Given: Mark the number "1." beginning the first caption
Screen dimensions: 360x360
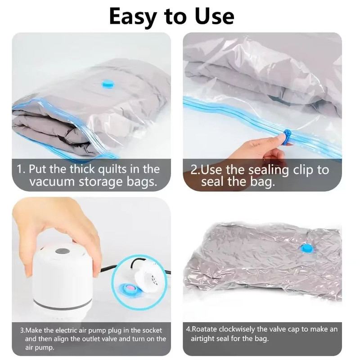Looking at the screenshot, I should point(21,169).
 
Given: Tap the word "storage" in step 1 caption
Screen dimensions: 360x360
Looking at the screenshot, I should point(102,183).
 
